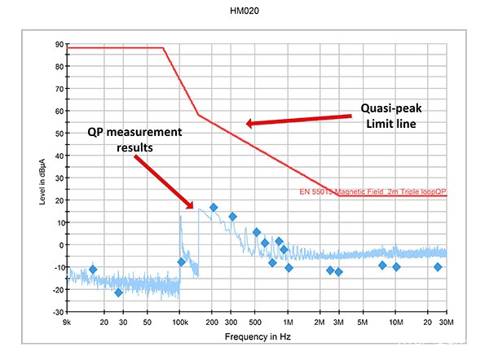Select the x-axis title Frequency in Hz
(258, 335)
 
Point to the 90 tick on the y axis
(59, 44)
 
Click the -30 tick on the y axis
(58, 312)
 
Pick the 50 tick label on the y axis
(59, 134)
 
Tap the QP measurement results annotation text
(134, 140)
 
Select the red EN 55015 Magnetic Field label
(374, 192)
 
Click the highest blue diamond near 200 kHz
(214, 208)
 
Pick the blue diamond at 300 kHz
(232, 217)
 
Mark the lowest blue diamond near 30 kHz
(118, 292)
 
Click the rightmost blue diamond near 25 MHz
(438, 267)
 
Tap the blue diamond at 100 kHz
(181, 261)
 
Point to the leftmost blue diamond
(92, 269)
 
